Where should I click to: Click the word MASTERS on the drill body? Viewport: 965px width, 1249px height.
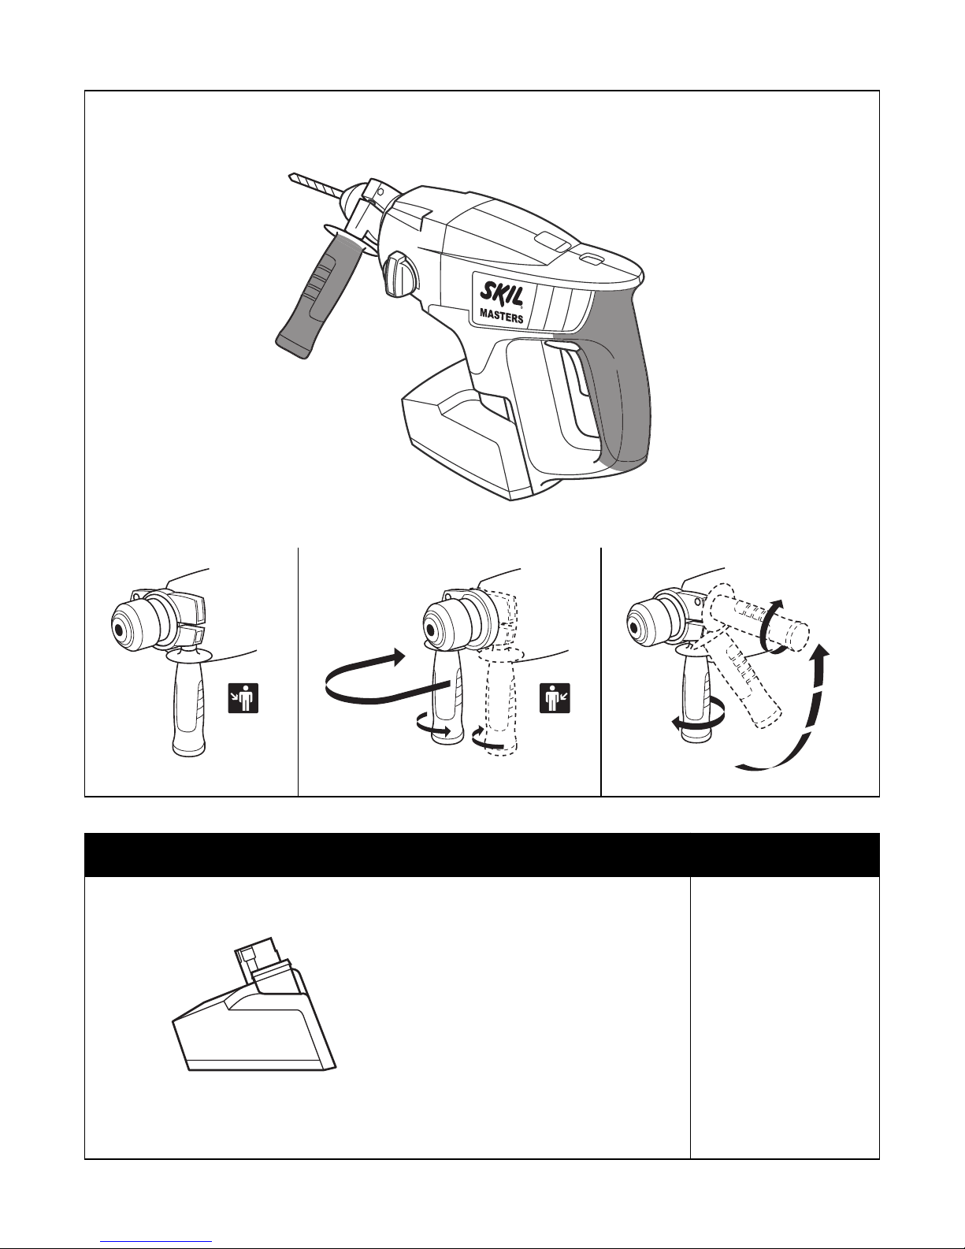click(x=502, y=317)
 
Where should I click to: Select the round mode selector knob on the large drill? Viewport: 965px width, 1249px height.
click(x=399, y=274)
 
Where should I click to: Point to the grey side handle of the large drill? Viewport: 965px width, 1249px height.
click(x=319, y=293)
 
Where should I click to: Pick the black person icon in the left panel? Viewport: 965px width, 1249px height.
click(x=243, y=697)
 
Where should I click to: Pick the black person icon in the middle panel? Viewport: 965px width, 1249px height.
click(x=555, y=697)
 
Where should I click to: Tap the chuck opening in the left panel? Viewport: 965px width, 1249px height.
click(x=120, y=630)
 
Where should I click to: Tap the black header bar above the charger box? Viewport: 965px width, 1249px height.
click(x=482, y=855)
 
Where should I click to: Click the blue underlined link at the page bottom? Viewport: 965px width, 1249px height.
click(x=156, y=1243)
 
